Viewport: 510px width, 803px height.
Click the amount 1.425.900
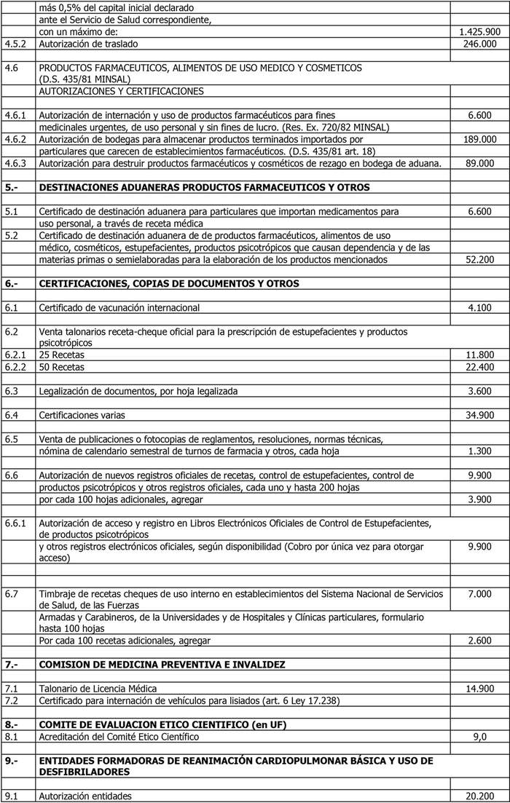[x=479, y=32]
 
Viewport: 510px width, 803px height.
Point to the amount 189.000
[x=479, y=139]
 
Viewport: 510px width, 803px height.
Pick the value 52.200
[x=479, y=259]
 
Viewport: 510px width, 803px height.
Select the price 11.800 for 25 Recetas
[x=479, y=355]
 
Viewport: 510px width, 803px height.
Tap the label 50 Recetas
[x=62, y=366]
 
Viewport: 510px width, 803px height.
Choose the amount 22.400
[x=479, y=366]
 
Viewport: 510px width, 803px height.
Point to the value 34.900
[x=479, y=415]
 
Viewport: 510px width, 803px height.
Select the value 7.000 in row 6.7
[x=479, y=594]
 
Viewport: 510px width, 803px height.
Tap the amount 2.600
[x=479, y=641]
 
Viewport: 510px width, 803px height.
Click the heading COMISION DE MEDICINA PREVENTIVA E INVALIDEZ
[x=162, y=665]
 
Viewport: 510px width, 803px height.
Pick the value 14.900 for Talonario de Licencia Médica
[x=479, y=689]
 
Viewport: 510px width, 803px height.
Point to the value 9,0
[x=480, y=737]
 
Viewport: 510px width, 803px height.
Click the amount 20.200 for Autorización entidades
[x=479, y=796]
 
